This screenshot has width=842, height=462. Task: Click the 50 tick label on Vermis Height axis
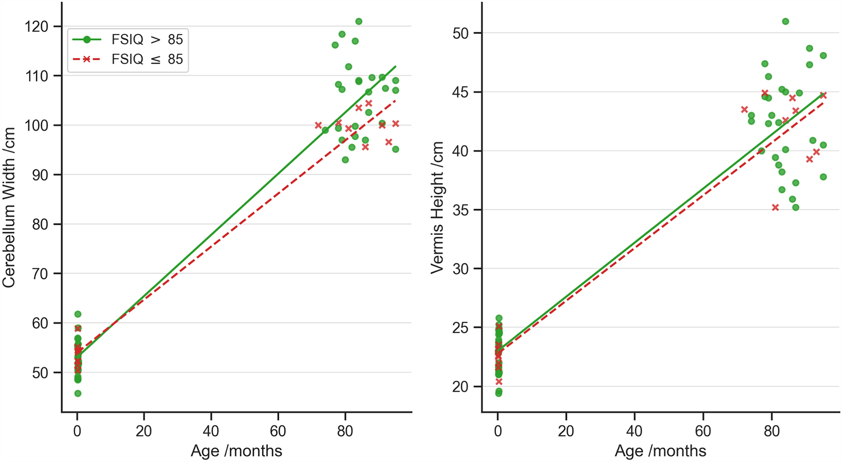[x=460, y=33]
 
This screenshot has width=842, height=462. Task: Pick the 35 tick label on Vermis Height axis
[x=460, y=210]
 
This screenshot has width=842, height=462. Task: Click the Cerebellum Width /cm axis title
[x=9, y=208]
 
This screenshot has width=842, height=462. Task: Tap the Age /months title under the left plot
[x=236, y=451]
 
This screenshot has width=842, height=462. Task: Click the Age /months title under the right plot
[x=660, y=451]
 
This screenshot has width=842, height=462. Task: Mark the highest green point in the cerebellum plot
[x=359, y=21]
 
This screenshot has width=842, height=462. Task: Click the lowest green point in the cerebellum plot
[x=78, y=394]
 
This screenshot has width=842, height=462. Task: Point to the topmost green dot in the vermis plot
[x=785, y=21]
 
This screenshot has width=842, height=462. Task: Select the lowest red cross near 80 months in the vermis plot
[x=775, y=208]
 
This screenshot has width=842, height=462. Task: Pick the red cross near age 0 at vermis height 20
[x=499, y=382]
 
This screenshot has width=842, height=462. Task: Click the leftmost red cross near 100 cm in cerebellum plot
[x=318, y=125]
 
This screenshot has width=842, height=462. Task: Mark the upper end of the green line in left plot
[x=395, y=67]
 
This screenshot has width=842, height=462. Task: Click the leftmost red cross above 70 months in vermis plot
[x=744, y=110]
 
